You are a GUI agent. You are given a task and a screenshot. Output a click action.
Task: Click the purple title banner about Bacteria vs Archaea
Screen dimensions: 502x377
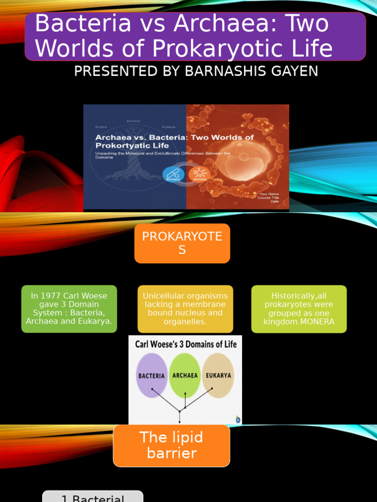195,37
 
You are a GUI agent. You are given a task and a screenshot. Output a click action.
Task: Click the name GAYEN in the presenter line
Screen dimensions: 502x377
294,71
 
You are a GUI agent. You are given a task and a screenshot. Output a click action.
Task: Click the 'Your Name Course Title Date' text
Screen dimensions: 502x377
269,197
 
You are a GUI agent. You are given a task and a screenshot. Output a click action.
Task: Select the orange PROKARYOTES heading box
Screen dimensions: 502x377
182,243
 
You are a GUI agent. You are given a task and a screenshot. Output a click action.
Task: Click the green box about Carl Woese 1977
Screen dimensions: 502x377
69,309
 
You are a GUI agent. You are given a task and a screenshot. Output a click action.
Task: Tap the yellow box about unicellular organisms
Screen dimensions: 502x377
185,309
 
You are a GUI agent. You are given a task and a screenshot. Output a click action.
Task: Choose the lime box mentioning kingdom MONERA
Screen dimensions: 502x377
298,309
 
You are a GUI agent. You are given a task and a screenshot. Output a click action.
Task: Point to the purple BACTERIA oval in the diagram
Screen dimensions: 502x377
151,376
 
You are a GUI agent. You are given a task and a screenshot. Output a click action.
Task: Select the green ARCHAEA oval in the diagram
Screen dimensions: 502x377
185,376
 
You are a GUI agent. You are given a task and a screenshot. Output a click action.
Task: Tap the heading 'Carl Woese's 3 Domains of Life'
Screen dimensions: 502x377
185,344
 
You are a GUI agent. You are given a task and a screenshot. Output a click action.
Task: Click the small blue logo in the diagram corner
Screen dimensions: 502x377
238,419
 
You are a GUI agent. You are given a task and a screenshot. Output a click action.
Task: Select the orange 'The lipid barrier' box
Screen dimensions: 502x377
171,445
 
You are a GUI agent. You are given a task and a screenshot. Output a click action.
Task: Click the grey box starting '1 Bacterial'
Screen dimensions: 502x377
93,497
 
